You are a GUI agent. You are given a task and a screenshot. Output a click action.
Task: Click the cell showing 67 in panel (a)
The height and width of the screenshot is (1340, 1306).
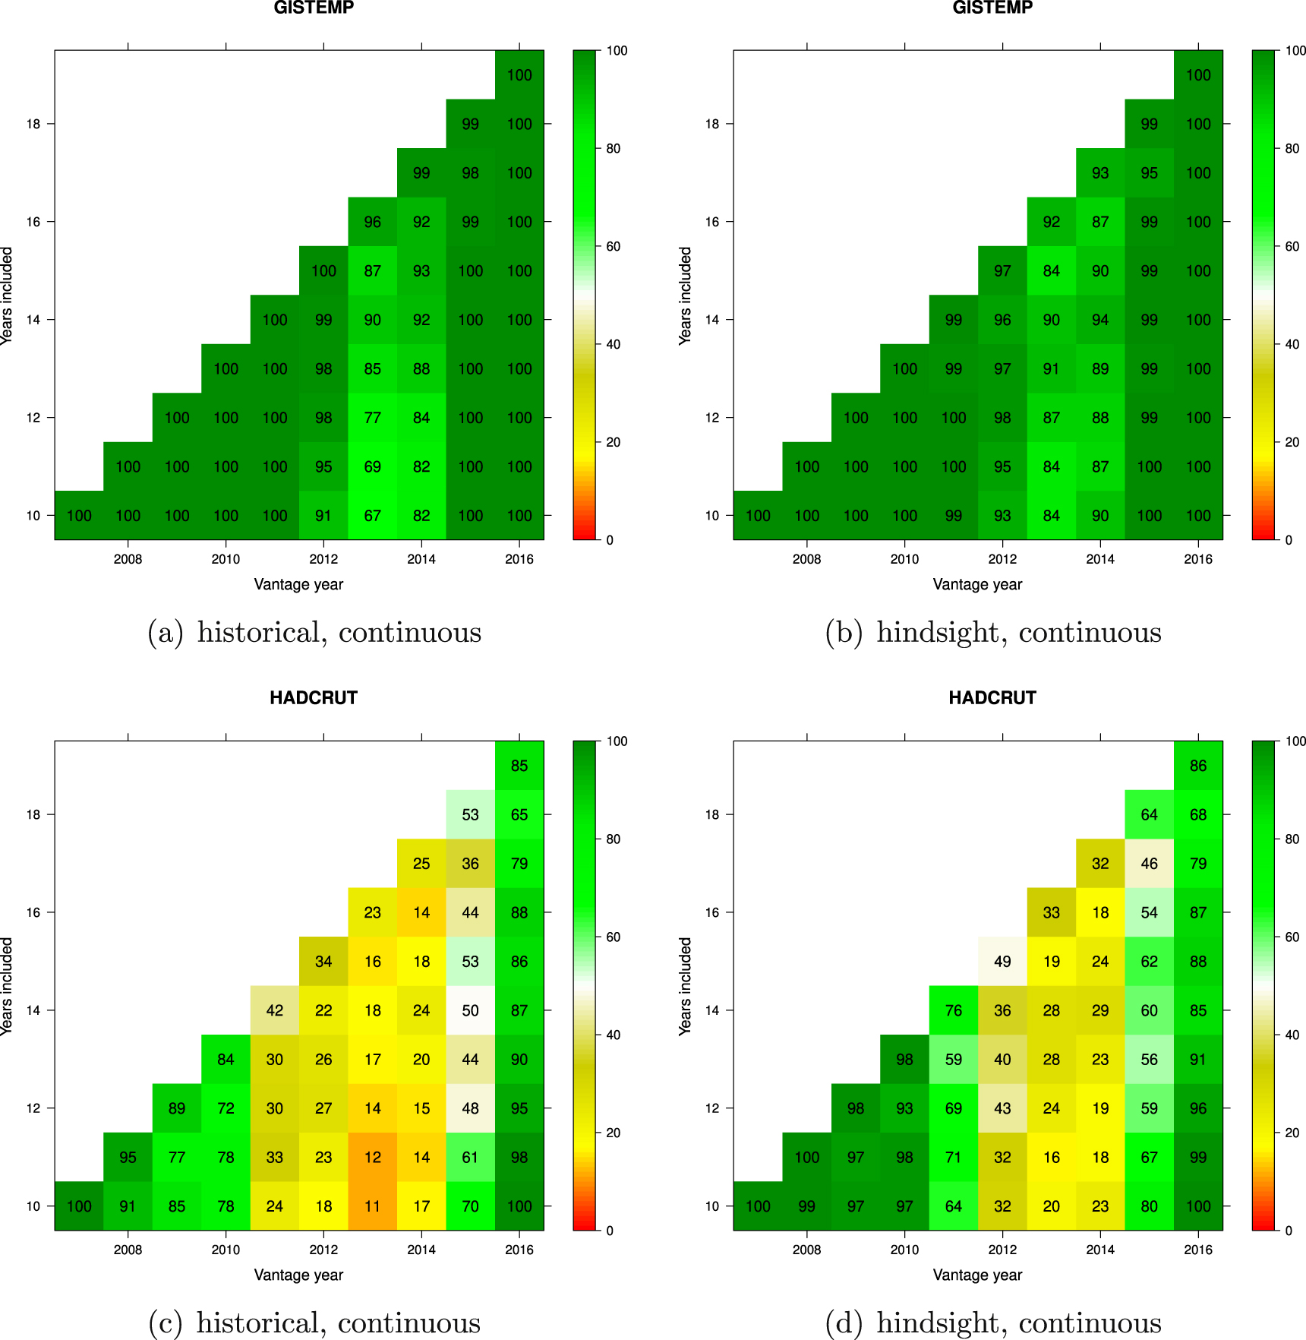[372, 516]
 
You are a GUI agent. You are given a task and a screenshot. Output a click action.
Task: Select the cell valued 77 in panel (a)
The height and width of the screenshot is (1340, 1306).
[372, 418]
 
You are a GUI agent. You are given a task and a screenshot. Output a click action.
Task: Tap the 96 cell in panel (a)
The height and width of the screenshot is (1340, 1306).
[372, 222]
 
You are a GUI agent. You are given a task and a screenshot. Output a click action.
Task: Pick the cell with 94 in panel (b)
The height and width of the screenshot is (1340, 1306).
[1100, 320]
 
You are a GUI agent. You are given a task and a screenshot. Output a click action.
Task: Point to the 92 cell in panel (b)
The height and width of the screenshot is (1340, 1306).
[1051, 222]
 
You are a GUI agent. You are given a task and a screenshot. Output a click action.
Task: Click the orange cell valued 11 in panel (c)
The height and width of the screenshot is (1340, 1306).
[372, 1206]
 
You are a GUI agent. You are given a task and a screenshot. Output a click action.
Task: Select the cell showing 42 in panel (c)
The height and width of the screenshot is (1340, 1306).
[275, 1010]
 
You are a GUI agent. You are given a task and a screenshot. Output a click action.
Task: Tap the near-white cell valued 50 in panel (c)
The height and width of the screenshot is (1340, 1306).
[470, 1010]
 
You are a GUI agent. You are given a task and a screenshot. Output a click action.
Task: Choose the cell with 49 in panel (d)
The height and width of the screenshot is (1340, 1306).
[1002, 962]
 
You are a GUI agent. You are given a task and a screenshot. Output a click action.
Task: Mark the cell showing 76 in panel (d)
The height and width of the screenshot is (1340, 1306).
[954, 1010]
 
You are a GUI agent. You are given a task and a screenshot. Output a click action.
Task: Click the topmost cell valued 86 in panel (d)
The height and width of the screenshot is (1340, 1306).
[1198, 766]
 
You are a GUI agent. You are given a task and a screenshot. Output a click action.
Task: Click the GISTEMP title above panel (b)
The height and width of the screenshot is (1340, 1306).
[992, 8]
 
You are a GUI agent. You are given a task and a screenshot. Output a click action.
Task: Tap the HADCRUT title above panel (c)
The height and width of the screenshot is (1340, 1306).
[314, 698]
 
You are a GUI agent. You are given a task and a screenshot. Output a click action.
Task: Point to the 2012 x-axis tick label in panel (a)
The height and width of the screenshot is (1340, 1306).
[323, 560]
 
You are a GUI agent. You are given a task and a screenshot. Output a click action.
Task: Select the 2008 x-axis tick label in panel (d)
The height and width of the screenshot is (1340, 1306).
[806, 1250]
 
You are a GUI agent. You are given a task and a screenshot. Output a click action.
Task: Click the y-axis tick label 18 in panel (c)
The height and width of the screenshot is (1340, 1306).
[33, 815]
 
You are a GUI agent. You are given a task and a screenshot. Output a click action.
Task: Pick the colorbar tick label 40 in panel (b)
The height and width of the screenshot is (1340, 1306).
[1292, 344]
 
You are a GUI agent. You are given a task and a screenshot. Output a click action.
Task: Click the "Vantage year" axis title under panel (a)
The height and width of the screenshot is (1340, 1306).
[298, 585]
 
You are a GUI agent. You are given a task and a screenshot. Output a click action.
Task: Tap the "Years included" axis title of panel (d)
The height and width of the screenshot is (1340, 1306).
[686, 986]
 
